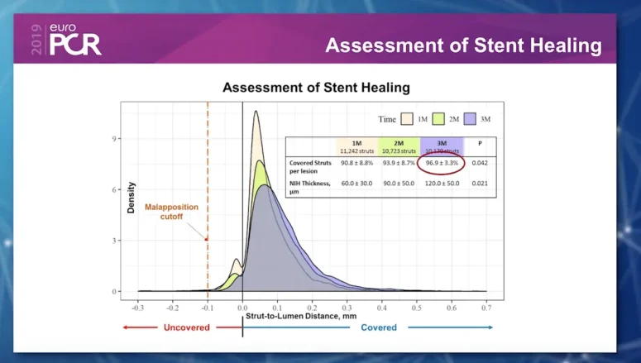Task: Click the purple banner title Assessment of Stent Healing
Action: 463,45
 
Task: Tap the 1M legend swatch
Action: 408,118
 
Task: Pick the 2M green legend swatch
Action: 442,118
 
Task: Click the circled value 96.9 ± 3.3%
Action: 442,164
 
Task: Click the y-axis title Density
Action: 131,198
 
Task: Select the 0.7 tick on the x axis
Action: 486,306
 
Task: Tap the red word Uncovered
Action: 187,327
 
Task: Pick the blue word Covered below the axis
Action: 379,327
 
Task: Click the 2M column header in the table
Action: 398,146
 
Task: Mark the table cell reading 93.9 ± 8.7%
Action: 398,164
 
